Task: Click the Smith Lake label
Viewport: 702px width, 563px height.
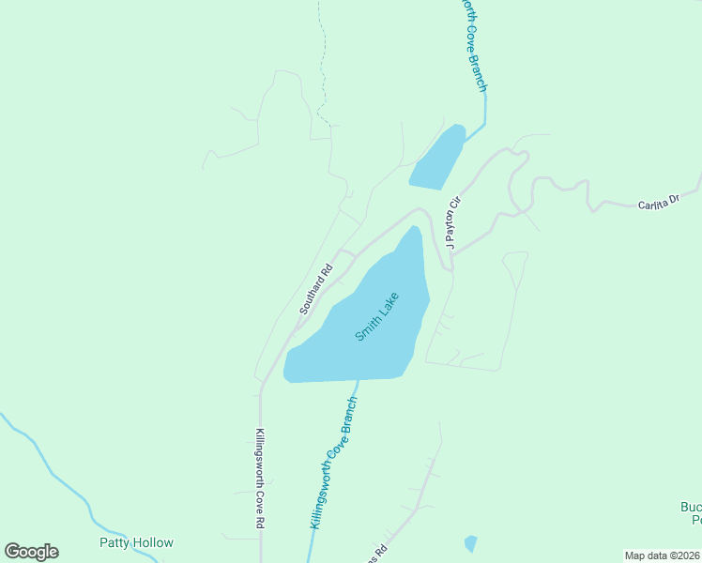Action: click(377, 317)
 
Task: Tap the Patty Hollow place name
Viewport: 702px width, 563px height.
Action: click(137, 542)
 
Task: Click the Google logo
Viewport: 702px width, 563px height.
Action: click(31, 552)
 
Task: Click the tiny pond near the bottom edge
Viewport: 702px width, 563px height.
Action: click(470, 543)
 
